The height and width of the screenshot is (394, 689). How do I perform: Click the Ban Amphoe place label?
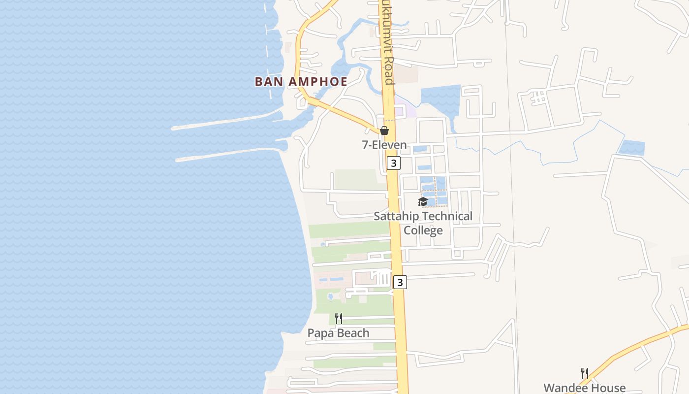point(301,82)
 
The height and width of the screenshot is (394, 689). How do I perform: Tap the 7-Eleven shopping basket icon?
point(384,131)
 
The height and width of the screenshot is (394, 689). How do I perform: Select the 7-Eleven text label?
point(384,145)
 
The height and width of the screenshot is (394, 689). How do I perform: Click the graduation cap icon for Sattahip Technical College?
point(423,201)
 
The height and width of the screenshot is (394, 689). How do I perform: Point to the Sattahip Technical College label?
point(423,223)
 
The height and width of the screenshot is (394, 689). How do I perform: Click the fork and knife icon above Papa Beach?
point(339,319)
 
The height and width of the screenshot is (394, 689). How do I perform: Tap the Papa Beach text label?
point(338,333)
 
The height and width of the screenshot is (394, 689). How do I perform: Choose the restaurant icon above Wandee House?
point(585,373)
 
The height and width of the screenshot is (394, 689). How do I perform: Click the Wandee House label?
point(585,388)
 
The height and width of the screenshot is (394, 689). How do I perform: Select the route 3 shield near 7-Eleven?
point(393,163)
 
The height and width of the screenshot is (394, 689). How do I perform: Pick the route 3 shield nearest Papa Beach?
point(400,282)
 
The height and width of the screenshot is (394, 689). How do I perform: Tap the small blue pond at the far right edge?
point(632,148)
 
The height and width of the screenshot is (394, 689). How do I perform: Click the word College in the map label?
point(423,230)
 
